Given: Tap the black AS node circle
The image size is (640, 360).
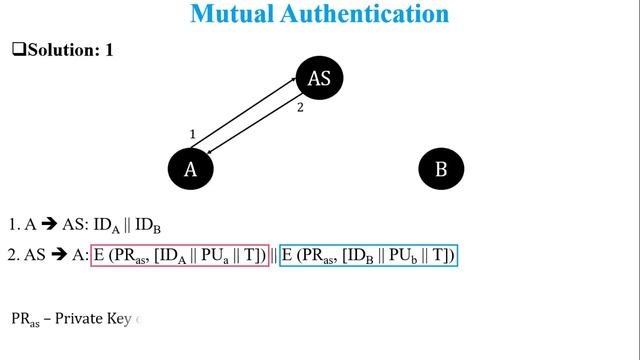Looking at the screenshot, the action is tap(319, 78).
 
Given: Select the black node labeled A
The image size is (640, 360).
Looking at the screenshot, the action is tap(191, 169).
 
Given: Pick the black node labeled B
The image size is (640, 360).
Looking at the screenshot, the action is tap(441, 169).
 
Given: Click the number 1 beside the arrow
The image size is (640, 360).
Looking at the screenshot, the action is tap(193, 133).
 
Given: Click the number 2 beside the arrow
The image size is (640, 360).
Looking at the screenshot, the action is tap(299, 108).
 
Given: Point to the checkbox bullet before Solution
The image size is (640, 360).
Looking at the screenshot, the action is tap(17, 49).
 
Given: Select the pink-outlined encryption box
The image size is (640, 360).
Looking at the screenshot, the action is tap(180, 256).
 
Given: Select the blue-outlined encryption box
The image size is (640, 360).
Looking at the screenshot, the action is tap(368, 256).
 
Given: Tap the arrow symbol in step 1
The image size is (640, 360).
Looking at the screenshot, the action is tap(48, 226).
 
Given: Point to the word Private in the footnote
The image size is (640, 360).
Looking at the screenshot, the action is tap(83, 319).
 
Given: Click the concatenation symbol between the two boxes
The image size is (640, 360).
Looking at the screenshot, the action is tap(274, 256).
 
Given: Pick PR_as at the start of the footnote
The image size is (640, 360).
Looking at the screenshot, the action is tap(26, 320).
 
